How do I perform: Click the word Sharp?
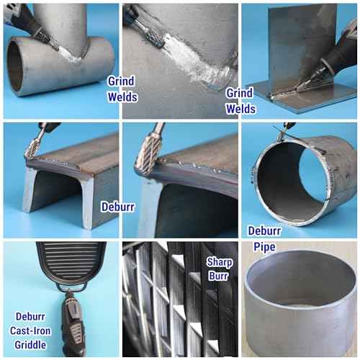point(220,262)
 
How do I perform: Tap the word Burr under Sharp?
point(218,276)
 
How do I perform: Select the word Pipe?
point(264,247)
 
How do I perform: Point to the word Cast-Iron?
point(30,330)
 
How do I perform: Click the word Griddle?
point(30,345)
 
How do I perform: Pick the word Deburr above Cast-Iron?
point(30,317)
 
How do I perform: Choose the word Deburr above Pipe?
point(264,231)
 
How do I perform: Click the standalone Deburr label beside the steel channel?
point(118,207)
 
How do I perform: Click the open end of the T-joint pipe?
point(15,67)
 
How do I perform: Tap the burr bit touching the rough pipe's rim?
point(282,135)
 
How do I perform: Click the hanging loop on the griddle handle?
point(71,287)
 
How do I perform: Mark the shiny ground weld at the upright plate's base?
point(286,94)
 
